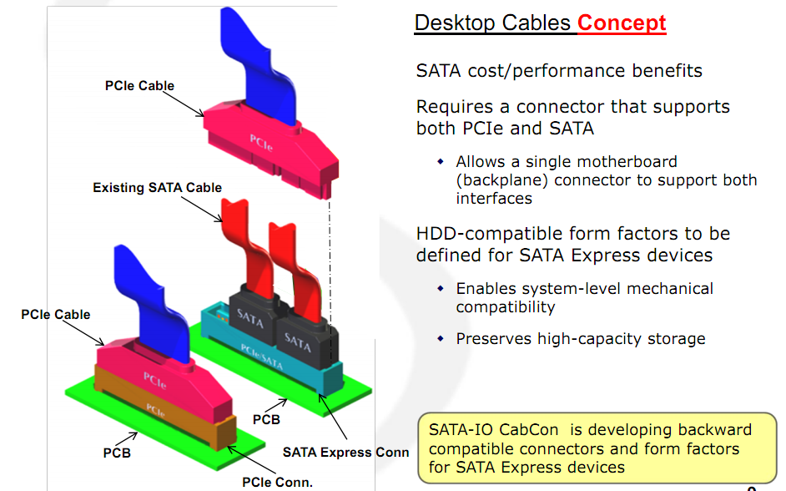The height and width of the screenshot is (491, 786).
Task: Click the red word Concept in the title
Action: (622, 23)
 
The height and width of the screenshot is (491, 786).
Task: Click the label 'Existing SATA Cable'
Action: (157, 188)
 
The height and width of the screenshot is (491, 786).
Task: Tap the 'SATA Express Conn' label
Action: (345, 452)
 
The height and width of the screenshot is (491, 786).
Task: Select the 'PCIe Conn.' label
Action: (277, 482)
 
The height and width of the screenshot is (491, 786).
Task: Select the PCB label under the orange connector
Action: (117, 453)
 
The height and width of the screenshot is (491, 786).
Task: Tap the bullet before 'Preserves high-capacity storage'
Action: (441, 339)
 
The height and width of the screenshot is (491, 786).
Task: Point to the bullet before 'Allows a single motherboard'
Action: (441, 161)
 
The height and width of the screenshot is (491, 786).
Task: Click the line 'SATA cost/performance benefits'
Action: (559, 71)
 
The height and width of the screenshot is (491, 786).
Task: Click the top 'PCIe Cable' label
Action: (139, 86)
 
